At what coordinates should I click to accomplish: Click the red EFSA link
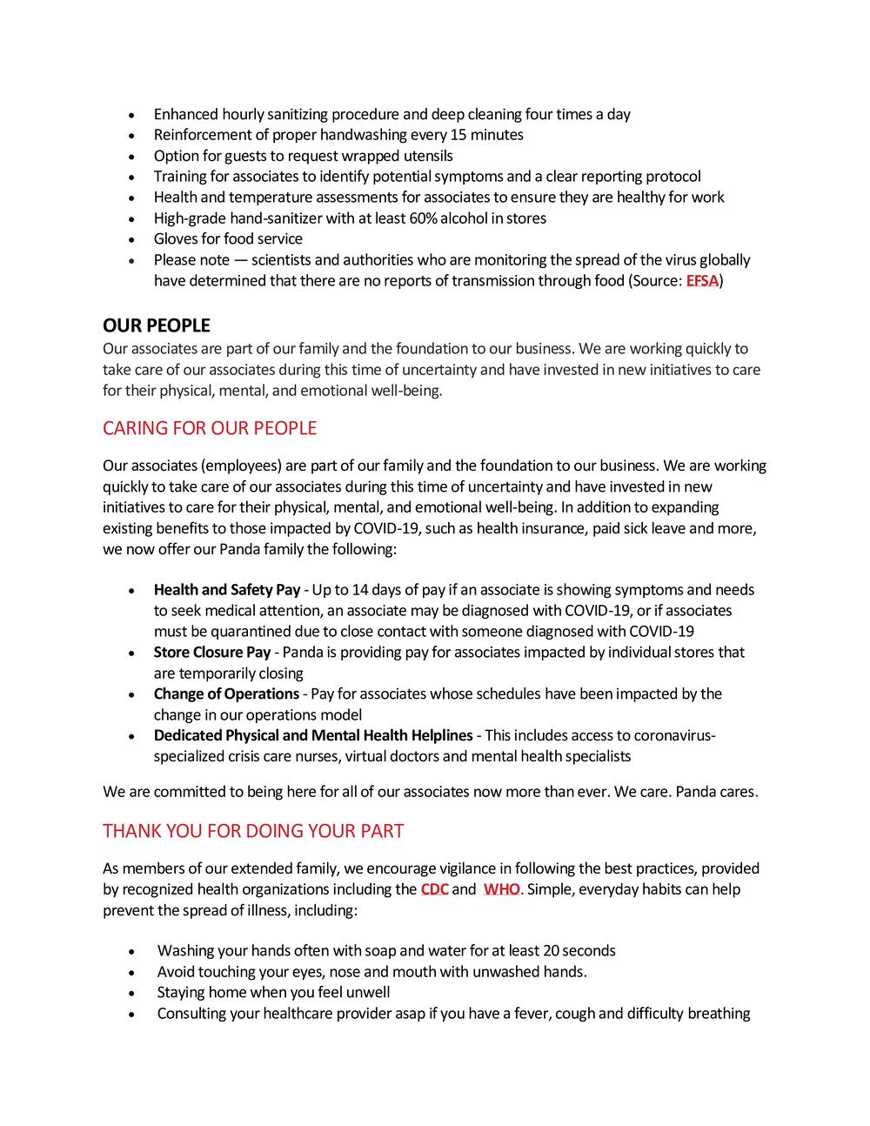coord(702,281)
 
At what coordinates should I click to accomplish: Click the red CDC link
coord(434,889)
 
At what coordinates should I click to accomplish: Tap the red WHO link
coord(501,889)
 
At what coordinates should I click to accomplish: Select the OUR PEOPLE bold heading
coord(157,325)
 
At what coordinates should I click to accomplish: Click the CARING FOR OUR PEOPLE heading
coord(210,428)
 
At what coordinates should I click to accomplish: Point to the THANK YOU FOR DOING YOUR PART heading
coord(253,831)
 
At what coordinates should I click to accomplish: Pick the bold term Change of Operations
coord(226,694)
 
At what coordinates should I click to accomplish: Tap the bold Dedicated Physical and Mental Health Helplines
coord(313,735)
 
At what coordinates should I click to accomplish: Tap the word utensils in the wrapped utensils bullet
coord(426,156)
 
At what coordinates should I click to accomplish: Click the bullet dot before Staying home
coord(130,994)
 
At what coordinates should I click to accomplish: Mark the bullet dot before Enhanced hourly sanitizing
coord(130,115)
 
